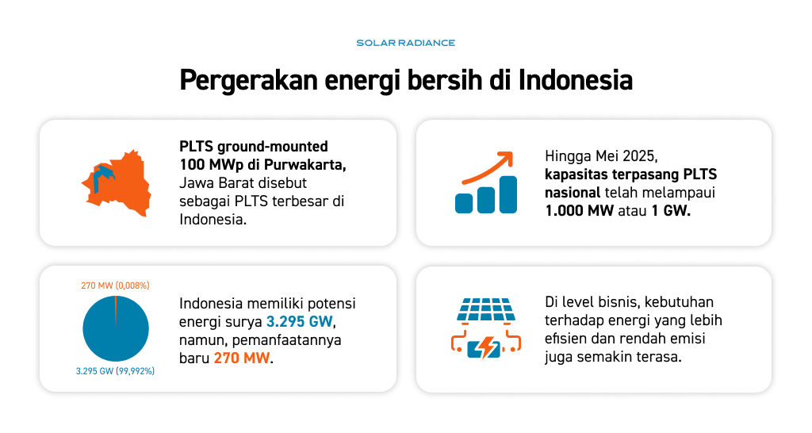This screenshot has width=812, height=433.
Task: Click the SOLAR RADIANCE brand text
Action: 405,43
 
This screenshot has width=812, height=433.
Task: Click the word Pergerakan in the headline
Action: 248,81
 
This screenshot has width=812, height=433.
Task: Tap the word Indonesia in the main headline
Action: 576,80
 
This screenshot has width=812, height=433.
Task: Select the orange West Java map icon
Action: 117,183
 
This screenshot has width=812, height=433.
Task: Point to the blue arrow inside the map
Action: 101,177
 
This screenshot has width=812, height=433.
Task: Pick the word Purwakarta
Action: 305,165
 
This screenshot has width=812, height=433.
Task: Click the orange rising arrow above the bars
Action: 488,167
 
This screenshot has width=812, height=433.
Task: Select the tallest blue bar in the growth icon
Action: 508,194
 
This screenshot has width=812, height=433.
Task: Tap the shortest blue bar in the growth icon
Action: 464,204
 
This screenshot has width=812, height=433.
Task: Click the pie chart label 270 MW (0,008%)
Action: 115,285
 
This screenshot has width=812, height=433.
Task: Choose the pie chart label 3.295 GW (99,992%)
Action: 115,371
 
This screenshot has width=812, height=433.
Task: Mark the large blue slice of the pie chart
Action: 116,331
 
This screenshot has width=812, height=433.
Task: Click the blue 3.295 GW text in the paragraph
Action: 299,322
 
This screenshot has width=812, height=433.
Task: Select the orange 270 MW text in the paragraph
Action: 242,358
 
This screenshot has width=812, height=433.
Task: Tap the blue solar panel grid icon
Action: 486,309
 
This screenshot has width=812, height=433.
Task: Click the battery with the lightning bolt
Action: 485,349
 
